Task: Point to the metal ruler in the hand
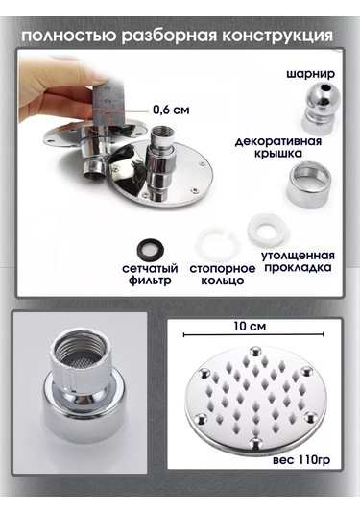pos(109,96)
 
